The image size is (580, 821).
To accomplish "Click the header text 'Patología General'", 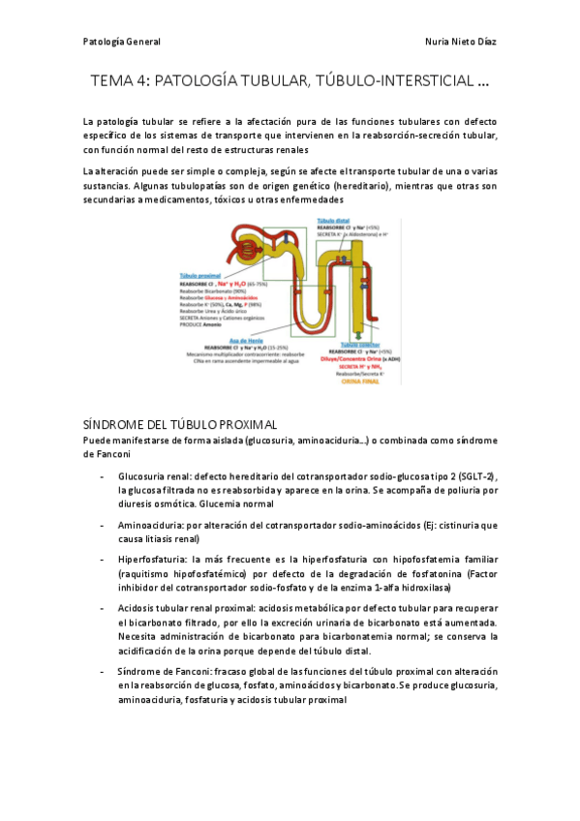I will (121, 43).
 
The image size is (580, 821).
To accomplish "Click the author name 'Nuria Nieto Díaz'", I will (461, 43).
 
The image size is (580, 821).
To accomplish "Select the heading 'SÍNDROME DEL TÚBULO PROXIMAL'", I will (181, 424).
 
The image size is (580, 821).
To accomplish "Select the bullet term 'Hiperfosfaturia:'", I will (153, 560).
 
